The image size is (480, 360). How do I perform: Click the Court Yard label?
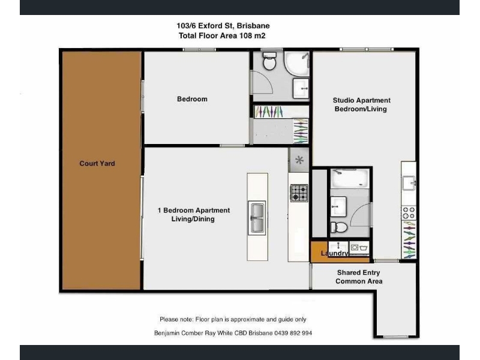click(97, 163)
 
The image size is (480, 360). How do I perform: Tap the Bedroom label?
click(192, 99)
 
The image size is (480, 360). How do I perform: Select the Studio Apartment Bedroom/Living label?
click(361, 104)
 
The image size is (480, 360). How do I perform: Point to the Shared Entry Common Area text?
click(359, 277)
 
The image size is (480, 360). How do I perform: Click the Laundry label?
click(334, 253)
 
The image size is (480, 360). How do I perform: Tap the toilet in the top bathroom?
click(269, 61)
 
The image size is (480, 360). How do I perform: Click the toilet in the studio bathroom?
click(339, 227)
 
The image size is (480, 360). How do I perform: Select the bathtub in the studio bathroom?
click(350, 178)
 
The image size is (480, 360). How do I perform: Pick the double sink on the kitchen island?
click(257, 218)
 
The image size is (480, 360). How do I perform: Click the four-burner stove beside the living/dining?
click(299, 193)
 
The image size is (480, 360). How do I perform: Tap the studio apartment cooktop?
click(409, 213)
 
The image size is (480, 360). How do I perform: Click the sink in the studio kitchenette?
click(409, 183)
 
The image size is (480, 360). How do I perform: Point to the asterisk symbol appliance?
click(299, 160)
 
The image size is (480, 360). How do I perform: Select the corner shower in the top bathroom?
click(296, 64)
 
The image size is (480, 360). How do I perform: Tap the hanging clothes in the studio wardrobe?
click(409, 240)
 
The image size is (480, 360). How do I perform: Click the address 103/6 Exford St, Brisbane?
click(223, 26)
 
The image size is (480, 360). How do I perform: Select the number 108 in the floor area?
click(245, 36)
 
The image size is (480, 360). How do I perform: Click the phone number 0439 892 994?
click(293, 333)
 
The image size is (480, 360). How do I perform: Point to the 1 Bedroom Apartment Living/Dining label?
click(193, 215)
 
